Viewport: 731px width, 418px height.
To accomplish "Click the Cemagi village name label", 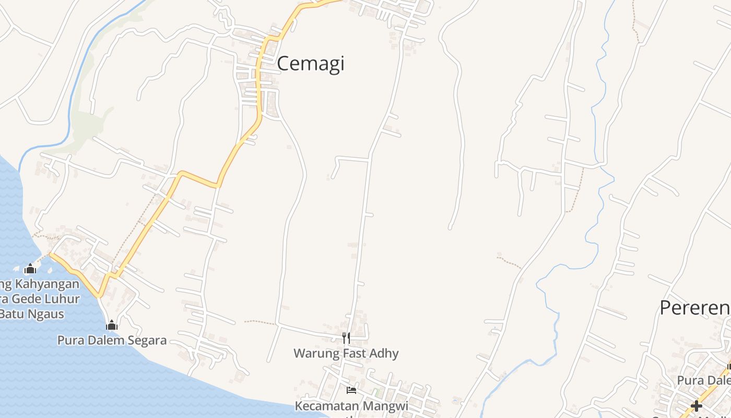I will (x=311, y=64).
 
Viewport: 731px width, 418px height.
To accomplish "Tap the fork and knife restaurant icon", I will (x=346, y=338).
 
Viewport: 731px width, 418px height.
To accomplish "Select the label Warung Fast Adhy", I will (x=346, y=353).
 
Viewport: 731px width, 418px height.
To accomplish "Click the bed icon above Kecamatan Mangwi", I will (x=351, y=390).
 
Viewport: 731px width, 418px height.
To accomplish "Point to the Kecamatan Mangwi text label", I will (x=351, y=405).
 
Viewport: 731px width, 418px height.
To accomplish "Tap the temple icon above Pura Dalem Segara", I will (x=111, y=325).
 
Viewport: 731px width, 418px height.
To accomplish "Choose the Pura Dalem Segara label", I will (x=112, y=341).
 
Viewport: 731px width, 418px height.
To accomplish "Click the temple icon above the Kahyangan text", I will (x=30, y=269).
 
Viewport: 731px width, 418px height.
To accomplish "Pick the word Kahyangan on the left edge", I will (x=46, y=284).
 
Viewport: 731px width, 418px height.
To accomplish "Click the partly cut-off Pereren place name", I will (x=694, y=308).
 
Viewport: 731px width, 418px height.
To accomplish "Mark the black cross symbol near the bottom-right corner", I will (x=696, y=405).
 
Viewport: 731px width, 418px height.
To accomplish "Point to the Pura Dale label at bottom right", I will (x=703, y=380).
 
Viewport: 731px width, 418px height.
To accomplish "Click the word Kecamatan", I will (x=328, y=405).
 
